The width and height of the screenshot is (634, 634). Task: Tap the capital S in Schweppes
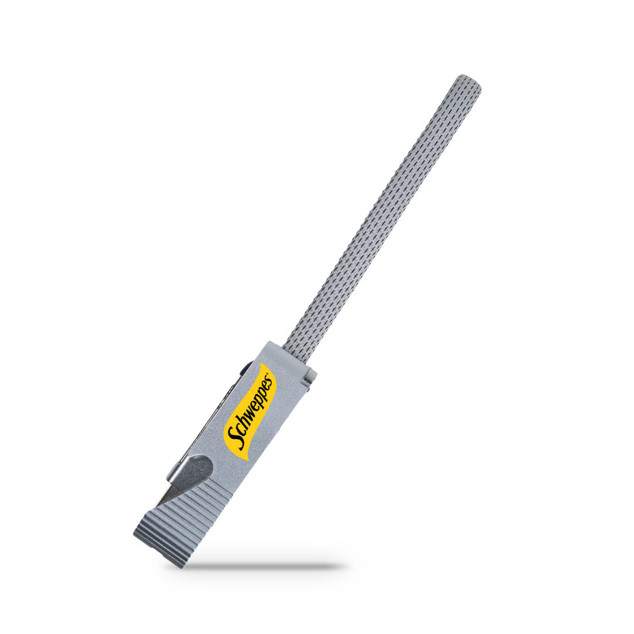click(235, 439)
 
